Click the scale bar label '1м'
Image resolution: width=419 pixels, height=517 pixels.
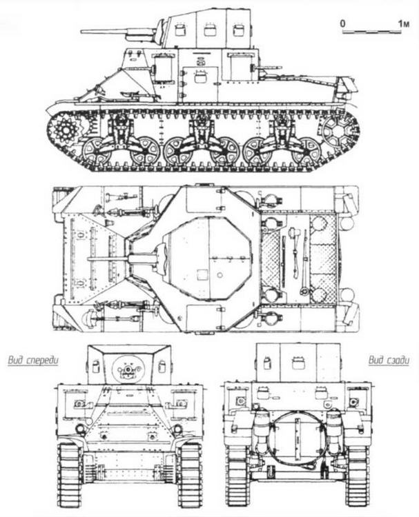pyautogui.click(x=402, y=23)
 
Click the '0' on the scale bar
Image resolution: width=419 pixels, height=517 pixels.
pyautogui.click(x=343, y=23)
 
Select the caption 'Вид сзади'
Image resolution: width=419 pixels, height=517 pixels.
pyautogui.click(x=384, y=359)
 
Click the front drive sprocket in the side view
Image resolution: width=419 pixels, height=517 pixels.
pyautogui.click(x=67, y=129)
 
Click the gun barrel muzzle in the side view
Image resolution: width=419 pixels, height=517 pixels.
pyautogui.click(x=84, y=31)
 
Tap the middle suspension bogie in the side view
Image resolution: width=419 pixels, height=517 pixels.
pyautogui.click(x=201, y=141)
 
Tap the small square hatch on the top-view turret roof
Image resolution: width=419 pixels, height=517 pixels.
pyautogui.click(x=202, y=274)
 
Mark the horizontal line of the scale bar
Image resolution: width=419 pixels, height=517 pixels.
pyautogui.click(x=373, y=32)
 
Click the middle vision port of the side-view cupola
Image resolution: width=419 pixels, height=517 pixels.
pyautogui.click(x=209, y=30)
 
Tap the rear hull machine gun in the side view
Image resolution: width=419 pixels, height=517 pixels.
pyautogui.click(x=271, y=68)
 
